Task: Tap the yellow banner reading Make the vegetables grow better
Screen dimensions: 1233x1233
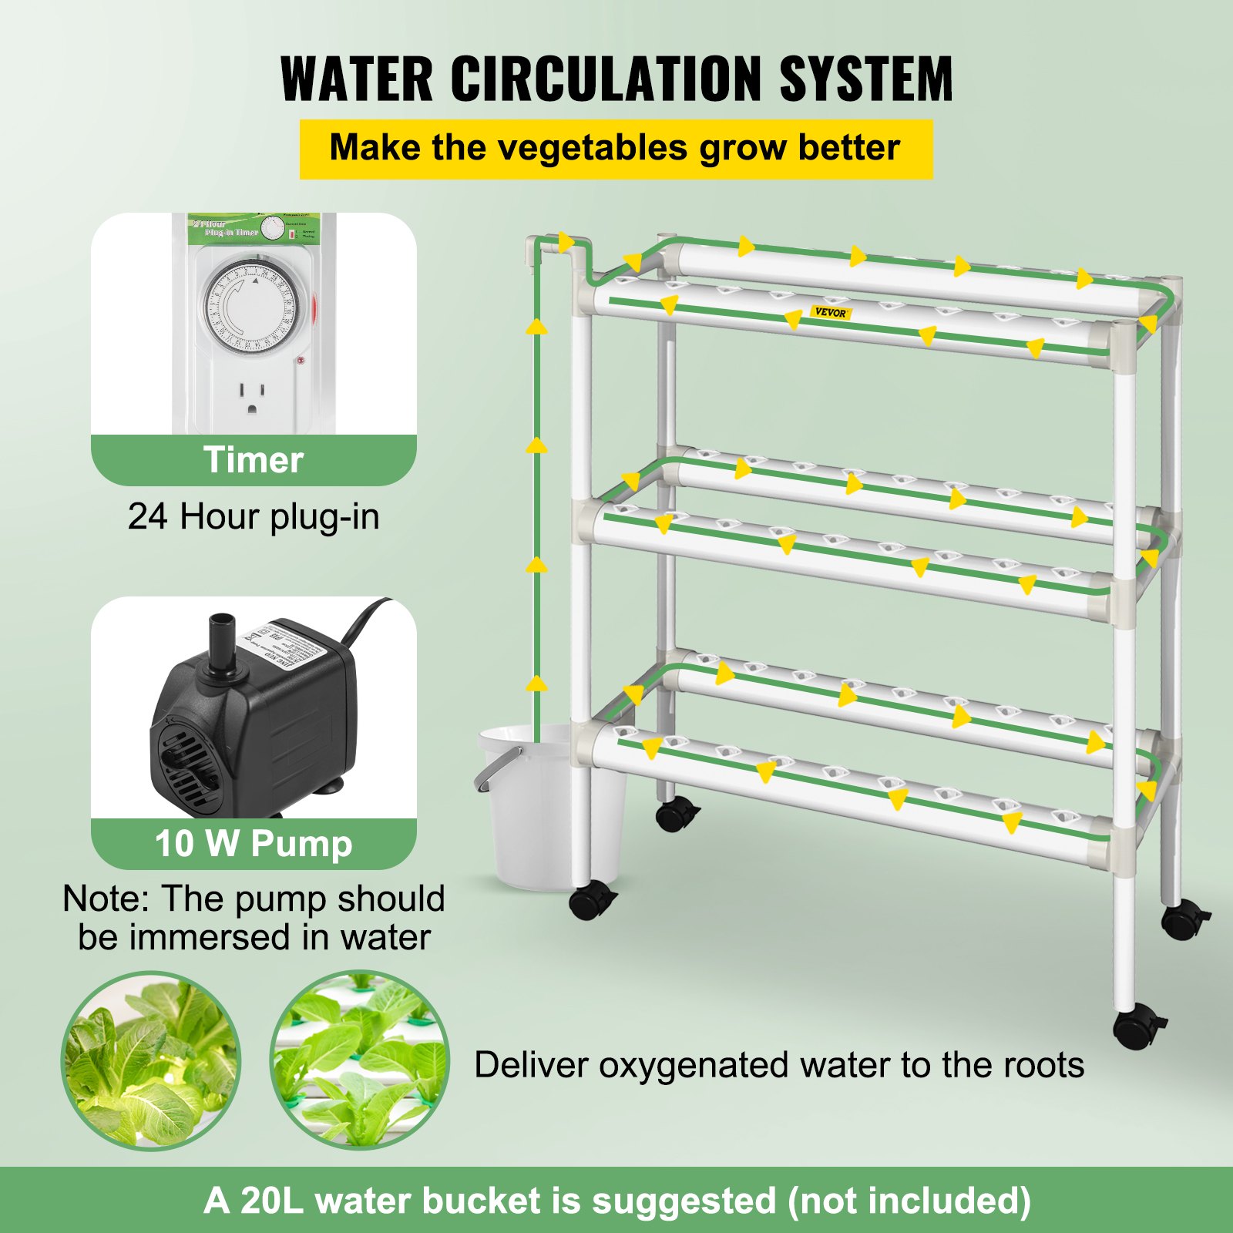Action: coord(615,149)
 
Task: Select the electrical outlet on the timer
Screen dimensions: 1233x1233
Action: coord(251,397)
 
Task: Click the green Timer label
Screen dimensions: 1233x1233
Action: coord(254,460)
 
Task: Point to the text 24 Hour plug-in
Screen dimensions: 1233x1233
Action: coord(254,516)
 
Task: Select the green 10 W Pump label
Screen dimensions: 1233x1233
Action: coord(254,843)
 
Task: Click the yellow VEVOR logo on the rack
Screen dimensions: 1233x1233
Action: coord(831,312)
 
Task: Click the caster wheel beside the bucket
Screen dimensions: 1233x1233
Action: coord(593,900)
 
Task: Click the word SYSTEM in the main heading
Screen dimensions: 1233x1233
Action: coord(866,79)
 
